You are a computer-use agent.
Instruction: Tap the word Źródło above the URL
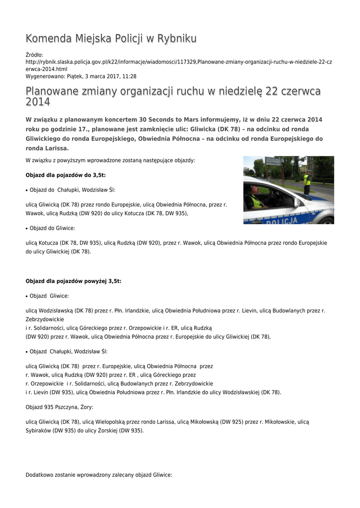click(34, 55)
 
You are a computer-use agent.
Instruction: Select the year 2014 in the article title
click(38, 102)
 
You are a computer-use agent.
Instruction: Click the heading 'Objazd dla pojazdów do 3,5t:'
click(66, 175)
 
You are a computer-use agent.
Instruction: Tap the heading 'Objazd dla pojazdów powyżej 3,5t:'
click(73, 281)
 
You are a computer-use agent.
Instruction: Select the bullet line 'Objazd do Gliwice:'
click(52, 228)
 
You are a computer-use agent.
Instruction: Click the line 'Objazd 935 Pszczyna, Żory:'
click(59, 407)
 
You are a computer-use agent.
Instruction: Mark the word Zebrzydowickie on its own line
click(45, 319)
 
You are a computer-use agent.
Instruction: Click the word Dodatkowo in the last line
click(39, 475)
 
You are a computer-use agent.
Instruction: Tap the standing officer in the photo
click(307, 183)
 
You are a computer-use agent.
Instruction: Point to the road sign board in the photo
click(273, 161)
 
